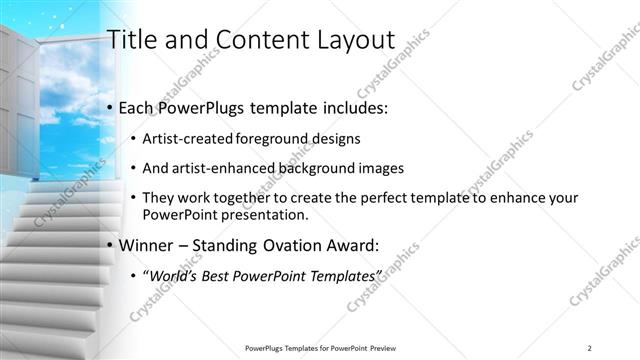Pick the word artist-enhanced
[x=221, y=167]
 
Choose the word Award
[x=371, y=245]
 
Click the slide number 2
[x=590, y=347]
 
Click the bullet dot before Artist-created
[x=133, y=138]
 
